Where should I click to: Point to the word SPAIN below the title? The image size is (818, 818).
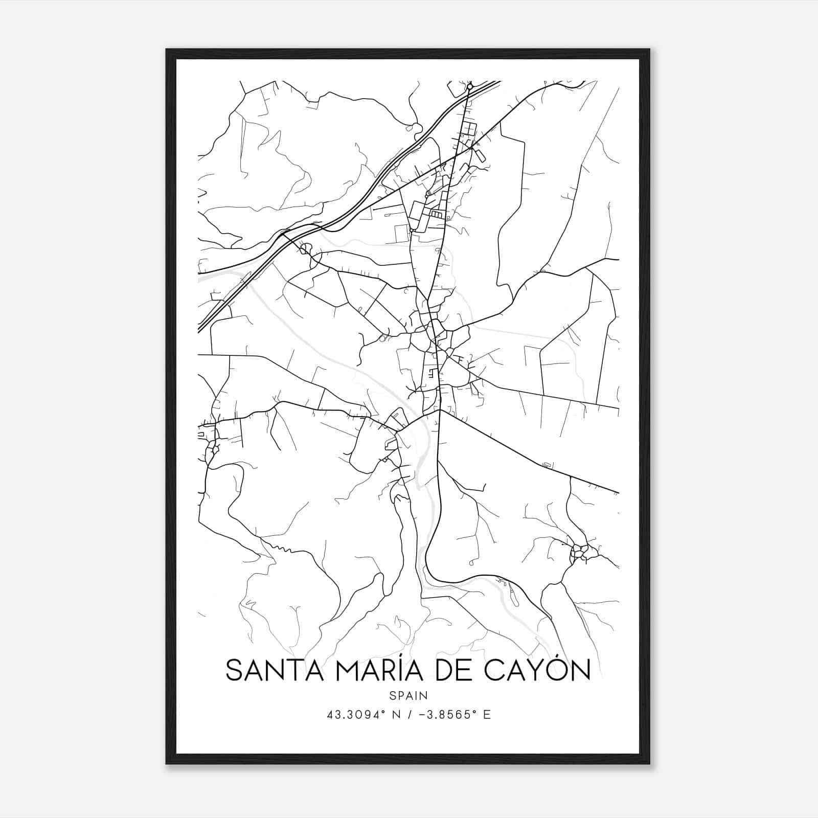pos(408,695)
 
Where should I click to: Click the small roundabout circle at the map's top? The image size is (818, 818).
pos(470,87)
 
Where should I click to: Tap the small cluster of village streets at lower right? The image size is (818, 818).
pos(580,551)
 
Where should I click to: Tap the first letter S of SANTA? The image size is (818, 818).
pos(233,670)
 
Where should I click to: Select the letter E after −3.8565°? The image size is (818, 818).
pos(487,715)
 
